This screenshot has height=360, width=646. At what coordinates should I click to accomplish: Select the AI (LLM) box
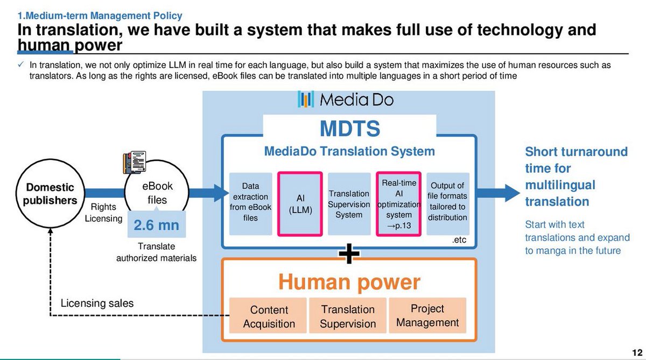pyautogui.click(x=300, y=203)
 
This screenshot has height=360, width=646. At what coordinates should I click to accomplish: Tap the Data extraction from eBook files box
pyautogui.click(x=250, y=203)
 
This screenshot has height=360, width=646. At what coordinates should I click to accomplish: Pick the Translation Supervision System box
pyautogui.click(x=349, y=203)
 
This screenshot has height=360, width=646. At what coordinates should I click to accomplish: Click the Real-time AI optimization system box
pyautogui.click(x=399, y=203)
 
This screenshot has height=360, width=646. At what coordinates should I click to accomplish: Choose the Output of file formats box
pyautogui.click(x=447, y=203)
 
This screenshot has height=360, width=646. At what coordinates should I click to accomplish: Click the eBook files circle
pyautogui.click(x=157, y=194)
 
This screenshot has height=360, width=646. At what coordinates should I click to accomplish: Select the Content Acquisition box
pyautogui.click(x=269, y=316)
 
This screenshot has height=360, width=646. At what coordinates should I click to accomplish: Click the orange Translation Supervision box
pyautogui.click(x=348, y=316)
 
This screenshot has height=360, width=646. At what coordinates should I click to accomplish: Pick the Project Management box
pyautogui.click(x=427, y=315)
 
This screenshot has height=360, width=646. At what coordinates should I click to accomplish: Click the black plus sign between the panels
pyautogui.click(x=349, y=254)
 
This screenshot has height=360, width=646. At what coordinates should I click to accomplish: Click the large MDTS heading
pyautogui.click(x=349, y=129)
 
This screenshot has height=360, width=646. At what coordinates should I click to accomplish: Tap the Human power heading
pyautogui.click(x=349, y=281)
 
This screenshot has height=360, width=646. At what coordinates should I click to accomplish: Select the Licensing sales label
pyautogui.click(x=97, y=303)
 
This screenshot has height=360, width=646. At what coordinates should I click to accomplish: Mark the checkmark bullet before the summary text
pyautogui.click(x=20, y=65)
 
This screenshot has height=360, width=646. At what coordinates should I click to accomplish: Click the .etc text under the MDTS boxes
pyautogui.click(x=459, y=242)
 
